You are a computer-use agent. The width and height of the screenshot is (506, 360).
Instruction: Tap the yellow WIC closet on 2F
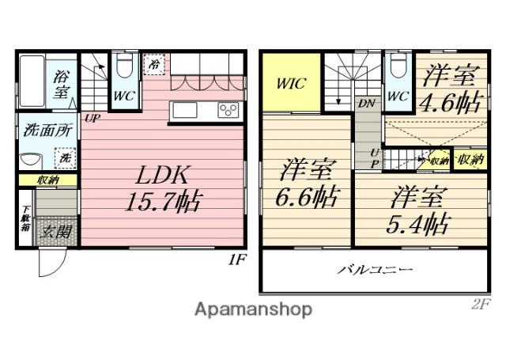[291, 83]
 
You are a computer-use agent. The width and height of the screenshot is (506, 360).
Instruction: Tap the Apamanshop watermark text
[252, 309]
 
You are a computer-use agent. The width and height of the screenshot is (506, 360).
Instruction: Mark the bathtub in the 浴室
[32, 81]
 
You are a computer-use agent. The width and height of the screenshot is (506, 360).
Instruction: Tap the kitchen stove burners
[228, 110]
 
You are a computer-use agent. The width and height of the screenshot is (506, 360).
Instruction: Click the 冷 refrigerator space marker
[155, 63]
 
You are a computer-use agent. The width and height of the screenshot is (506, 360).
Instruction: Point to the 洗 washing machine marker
[66, 157]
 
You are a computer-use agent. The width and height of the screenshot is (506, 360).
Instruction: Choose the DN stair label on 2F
[365, 104]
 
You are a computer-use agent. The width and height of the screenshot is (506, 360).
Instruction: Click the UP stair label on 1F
[92, 119]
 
